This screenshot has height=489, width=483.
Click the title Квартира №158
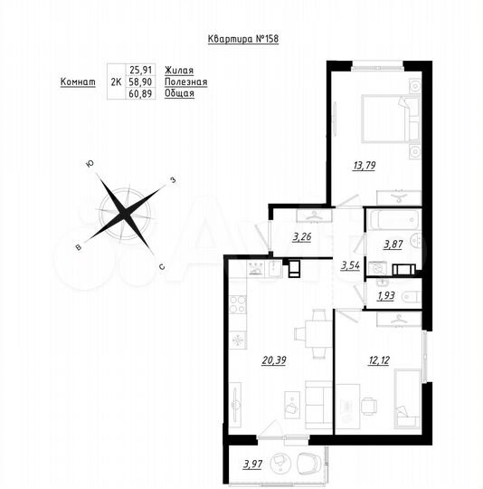point(241,39)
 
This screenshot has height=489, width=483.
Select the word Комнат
point(78,81)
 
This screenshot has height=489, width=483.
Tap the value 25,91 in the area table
point(141,69)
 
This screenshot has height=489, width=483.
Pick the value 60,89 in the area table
point(141,94)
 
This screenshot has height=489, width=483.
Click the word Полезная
point(186,81)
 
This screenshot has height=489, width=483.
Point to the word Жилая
point(178,69)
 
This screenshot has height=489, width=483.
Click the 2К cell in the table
point(116,81)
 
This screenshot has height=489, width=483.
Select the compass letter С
point(161,266)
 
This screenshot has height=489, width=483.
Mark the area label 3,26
point(302,240)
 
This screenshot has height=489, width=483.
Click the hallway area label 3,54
point(350,266)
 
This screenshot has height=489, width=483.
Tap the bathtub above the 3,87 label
point(393,219)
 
